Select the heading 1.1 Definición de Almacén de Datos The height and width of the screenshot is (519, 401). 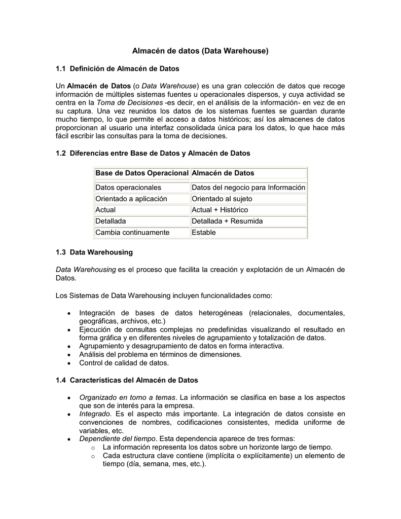click(117, 68)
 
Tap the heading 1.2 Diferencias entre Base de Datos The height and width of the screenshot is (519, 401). click(153, 153)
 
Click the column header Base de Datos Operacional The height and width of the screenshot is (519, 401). click(141, 173)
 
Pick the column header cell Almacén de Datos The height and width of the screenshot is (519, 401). click(223, 173)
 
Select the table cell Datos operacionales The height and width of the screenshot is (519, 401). click(128, 188)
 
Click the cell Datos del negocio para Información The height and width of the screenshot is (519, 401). click(248, 188)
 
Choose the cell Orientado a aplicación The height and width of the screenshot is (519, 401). click(131, 199)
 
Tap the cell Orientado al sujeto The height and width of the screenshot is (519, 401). click(222, 199)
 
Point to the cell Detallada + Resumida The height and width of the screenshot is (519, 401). click(227, 221)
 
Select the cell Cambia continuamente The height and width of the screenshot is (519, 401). click(132, 233)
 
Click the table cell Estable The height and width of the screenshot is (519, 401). click(204, 233)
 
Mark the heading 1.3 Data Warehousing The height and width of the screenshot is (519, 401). click(94, 252)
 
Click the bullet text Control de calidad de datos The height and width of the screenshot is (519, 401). click(124, 363)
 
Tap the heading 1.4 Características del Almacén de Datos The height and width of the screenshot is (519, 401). click(127, 380)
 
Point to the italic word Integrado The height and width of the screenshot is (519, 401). click(95, 414)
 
